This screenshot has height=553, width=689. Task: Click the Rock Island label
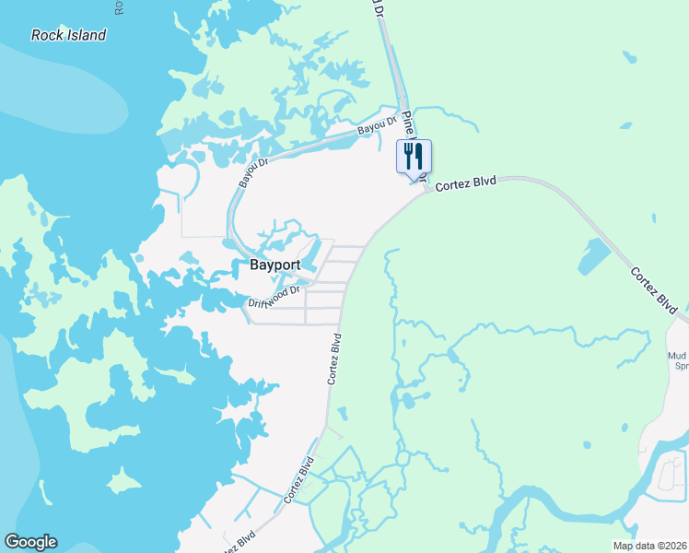[68, 35]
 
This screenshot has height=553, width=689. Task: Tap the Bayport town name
[276, 265]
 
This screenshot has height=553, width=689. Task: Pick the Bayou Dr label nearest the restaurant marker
[377, 126]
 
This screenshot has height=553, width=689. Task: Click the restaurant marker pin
[414, 157]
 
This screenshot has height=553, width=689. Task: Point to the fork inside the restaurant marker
[408, 155]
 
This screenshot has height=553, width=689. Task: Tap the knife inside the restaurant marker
[419, 155]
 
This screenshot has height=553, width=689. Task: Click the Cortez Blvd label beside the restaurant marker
[466, 183]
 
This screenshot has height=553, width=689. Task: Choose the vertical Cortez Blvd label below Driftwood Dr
[336, 359]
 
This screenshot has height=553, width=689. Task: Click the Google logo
[31, 542]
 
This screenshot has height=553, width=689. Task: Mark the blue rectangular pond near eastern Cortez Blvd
[594, 257]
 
